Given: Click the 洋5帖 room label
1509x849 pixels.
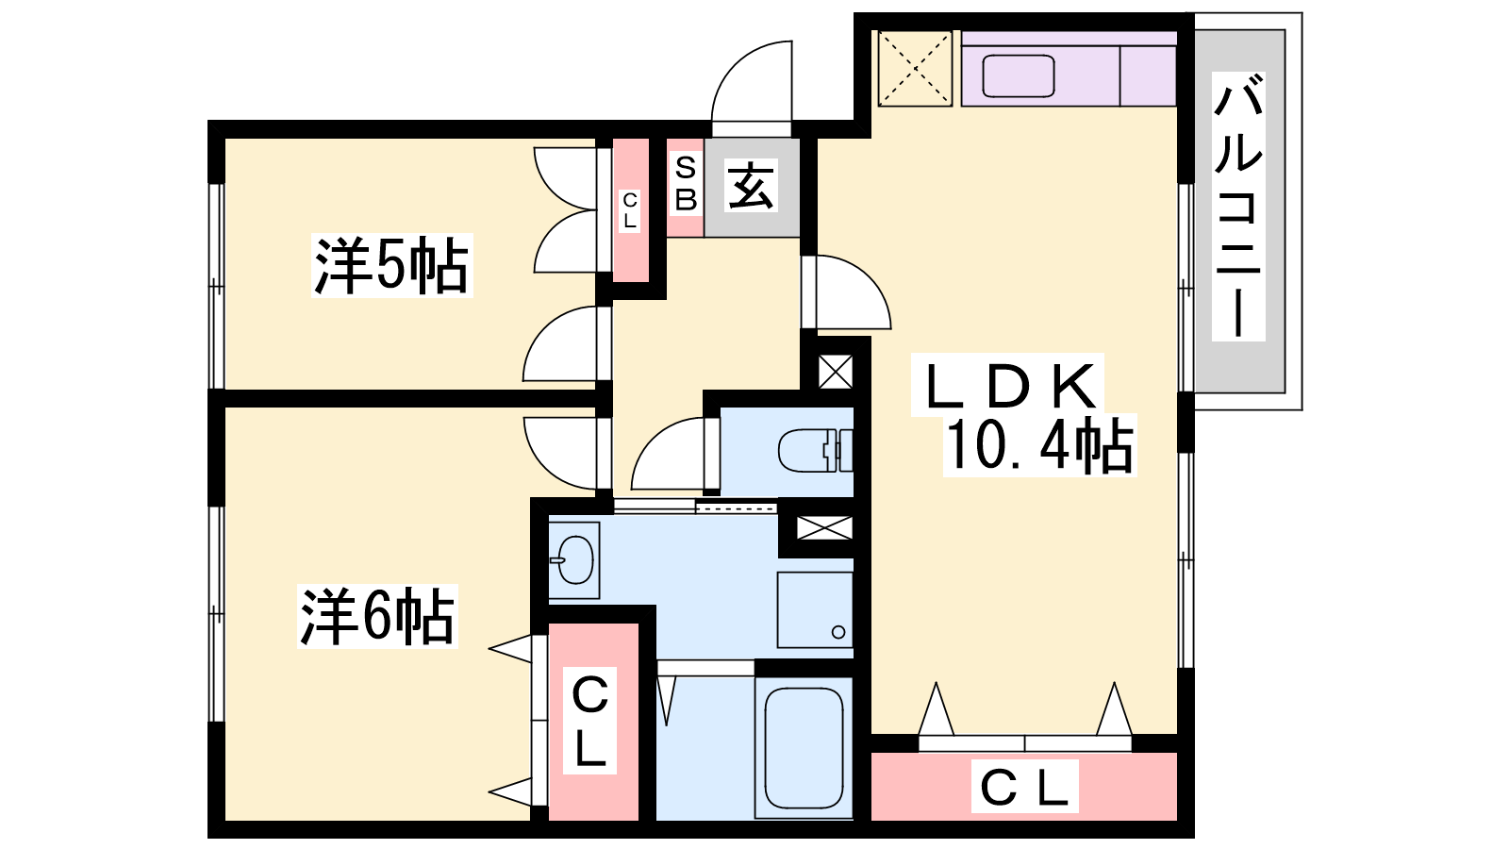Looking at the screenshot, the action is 392,265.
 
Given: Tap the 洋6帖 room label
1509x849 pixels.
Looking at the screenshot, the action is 377,616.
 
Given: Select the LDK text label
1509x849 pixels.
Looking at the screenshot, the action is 1008,386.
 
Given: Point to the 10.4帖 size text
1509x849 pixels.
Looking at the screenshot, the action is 1039,444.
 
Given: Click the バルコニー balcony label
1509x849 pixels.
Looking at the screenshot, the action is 1238,206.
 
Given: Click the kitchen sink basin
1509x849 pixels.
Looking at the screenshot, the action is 1018,76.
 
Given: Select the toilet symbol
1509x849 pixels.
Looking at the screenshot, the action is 815,449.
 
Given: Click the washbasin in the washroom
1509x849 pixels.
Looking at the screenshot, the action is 573,559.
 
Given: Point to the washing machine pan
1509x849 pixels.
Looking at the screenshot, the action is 815,609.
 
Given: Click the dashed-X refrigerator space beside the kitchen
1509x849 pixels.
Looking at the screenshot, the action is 915,68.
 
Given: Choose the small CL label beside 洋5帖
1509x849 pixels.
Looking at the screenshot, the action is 630,210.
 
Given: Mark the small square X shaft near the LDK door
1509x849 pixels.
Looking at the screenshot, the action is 836,372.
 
